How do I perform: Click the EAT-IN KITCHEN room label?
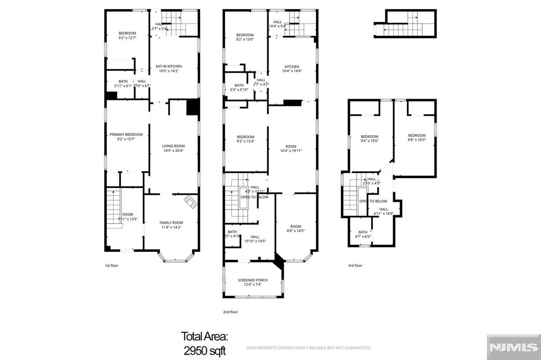pos(168,66)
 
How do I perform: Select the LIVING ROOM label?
pos(173,146)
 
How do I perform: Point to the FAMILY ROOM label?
pos(171,223)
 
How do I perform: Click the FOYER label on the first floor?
pos(127,214)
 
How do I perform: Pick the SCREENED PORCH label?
pos(253,280)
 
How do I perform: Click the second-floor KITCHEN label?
pos(292,67)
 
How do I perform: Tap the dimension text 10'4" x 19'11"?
pos(292,151)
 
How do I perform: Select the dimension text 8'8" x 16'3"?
pos(416,140)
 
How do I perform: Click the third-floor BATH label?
pos(363,232)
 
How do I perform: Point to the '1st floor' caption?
pos(111,266)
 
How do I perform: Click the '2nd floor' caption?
pos(231,312)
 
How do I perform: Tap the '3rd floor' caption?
pos(355,266)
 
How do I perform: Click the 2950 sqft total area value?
pos(204,350)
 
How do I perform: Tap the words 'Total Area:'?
pos(204,336)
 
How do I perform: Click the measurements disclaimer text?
pos(309,348)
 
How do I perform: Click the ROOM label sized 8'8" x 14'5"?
pos(295,226)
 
